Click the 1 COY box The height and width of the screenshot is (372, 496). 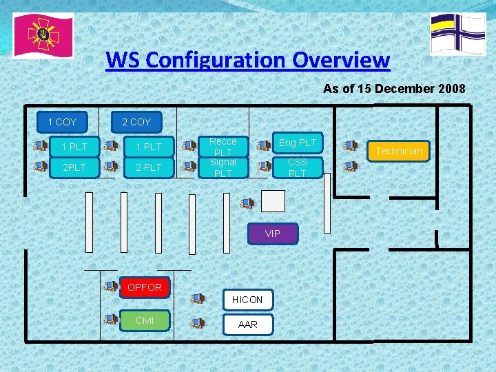pyautogui.click(x=62, y=122)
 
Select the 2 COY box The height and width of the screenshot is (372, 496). pyautogui.click(x=136, y=122)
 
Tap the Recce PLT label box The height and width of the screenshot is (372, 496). pyautogui.click(x=223, y=146)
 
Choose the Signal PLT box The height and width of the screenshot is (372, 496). pyautogui.click(x=223, y=167)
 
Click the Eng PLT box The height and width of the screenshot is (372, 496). pyautogui.click(x=298, y=143)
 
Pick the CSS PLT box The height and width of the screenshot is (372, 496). pyautogui.click(x=298, y=167)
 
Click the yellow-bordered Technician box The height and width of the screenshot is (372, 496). pyautogui.click(x=399, y=150)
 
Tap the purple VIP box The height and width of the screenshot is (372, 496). pyautogui.click(x=273, y=234)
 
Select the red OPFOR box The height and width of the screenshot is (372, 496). pyautogui.click(x=145, y=287)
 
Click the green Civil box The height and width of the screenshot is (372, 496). pyautogui.click(x=145, y=320)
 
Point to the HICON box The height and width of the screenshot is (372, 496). pyautogui.click(x=247, y=300)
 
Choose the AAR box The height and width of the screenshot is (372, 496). pyautogui.click(x=247, y=324)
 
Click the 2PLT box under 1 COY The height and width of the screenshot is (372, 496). pyautogui.click(x=74, y=167)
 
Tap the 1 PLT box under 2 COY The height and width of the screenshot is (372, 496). pyautogui.click(x=149, y=147)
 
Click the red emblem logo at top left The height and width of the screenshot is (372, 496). pyautogui.click(x=43, y=36)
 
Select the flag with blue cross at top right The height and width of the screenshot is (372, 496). pyautogui.click(x=457, y=34)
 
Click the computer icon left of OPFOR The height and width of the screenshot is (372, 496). pyautogui.click(x=110, y=285)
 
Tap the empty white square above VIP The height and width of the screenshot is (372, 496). pyautogui.click(x=273, y=200)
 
